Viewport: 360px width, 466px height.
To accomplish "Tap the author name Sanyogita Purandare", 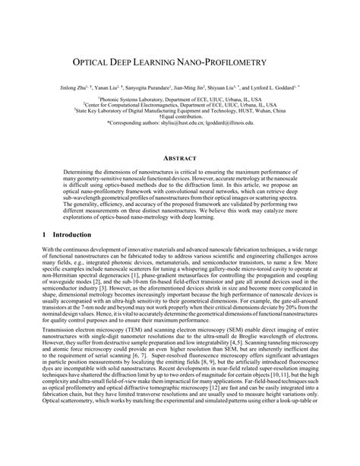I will [144, 88].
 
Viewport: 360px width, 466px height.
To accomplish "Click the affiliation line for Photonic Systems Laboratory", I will [178, 99].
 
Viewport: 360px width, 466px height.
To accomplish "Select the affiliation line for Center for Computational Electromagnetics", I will [178, 104].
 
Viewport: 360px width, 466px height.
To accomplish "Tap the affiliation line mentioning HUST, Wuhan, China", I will [178, 110].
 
